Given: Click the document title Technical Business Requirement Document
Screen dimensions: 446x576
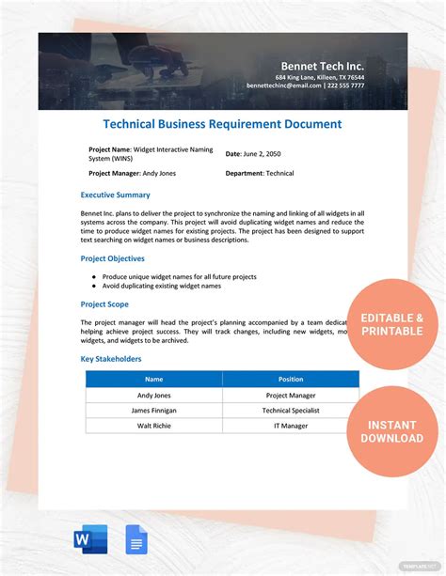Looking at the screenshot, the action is pos(222,124).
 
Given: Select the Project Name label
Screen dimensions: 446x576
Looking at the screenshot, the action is pos(110,149).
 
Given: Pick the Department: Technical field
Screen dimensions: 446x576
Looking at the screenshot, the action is pos(260,173).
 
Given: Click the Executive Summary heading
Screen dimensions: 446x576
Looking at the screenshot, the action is pos(115,195).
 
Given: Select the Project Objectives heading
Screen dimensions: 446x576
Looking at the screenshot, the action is pos(113,258).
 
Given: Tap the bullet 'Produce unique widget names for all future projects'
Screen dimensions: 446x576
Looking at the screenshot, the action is pos(180,277).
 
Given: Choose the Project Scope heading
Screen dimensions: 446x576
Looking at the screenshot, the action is pos(104,304).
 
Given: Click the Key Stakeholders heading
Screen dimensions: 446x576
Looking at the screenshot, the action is pos(111,359).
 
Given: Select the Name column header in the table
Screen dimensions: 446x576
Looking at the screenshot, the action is pos(154,380).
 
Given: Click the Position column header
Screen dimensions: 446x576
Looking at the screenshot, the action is pos(291,380).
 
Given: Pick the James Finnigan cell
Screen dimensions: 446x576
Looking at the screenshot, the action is pos(154,411).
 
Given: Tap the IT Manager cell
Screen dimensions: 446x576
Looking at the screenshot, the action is pos(291,426).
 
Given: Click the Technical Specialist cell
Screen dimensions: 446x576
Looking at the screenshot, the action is pos(291,411).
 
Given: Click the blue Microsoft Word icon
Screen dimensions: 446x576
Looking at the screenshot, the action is pos(89,539).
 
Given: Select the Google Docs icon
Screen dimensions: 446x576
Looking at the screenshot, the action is pos(137,539).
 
